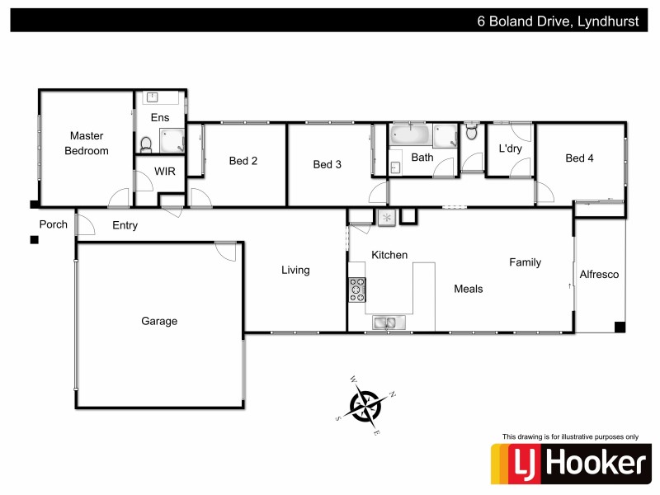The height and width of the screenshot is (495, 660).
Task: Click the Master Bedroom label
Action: tap(87, 143)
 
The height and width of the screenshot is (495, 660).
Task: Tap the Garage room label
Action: tap(159, 321)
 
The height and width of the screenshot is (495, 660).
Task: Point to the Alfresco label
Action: tap(599, 274)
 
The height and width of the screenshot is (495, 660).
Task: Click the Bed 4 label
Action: tap(579, 158)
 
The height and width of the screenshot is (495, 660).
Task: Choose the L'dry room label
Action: tap(511, 149)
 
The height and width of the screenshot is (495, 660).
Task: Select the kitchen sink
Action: tap(384, 323)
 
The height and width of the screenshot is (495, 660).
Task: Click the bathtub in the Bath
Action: tap(410, 134)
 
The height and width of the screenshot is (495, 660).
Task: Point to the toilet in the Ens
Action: tap(146, 145)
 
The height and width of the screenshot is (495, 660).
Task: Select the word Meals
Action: tap(469, 289)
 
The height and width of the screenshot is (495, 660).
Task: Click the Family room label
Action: tap(525, 262)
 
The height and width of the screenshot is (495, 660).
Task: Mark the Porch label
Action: tap(54, 224)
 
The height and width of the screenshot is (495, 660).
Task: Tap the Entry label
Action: tap(125, 225)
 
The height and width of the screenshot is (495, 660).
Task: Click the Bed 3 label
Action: tap(328, 164)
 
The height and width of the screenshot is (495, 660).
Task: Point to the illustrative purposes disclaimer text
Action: tap(570, 436)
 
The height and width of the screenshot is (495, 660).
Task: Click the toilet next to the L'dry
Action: tap(472, 131)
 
